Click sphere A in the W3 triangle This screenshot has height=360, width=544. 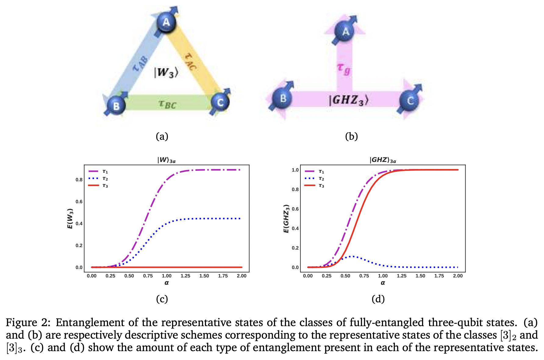point(166,22)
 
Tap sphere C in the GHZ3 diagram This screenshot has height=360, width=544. point(410,101)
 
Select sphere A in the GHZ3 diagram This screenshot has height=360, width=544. point(345,31)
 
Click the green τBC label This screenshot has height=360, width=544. point(167,104)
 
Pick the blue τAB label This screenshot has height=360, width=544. point(141,64)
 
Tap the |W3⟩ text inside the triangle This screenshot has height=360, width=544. point(166,73)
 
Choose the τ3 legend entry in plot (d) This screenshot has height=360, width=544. point(321,185)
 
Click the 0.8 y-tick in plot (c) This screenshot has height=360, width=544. point(79,180)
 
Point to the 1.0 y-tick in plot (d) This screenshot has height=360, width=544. point(295,170)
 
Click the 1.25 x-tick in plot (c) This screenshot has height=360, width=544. point(185,276)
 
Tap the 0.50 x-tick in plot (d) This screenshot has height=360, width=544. point(345,276)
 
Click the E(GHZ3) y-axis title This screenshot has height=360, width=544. point(286,218)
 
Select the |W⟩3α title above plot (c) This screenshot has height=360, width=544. point(166,160)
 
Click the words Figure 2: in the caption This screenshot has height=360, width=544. point(28,322)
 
